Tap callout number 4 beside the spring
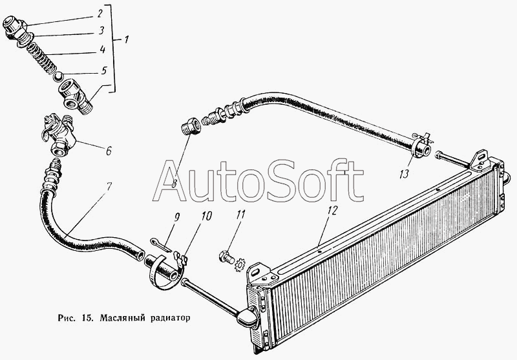pos(103,50)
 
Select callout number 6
pos(109,151)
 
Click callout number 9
pos(176,217)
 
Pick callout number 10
pos(206,216)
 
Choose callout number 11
pos(240,215)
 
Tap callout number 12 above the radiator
pos(332,210)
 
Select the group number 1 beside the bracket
pos(126,39)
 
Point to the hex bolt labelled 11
pos(227,257)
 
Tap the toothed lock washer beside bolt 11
pos(239,264)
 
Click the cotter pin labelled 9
pos(160,245)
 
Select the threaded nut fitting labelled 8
pos(191,127)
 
